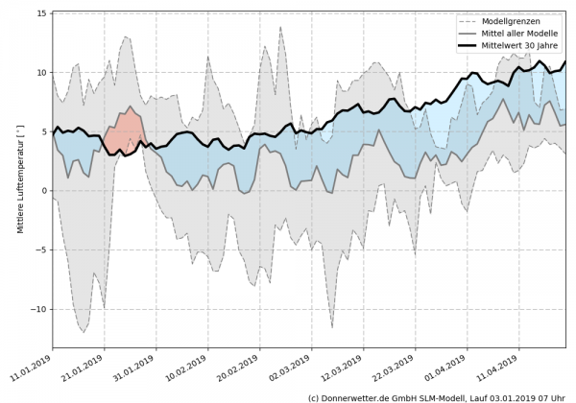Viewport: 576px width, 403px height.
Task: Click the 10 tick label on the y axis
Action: click(x=42, y=73)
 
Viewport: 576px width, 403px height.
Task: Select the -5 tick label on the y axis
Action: click(x=42, y=250)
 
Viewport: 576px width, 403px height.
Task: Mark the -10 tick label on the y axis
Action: click(x=39, y=310)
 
